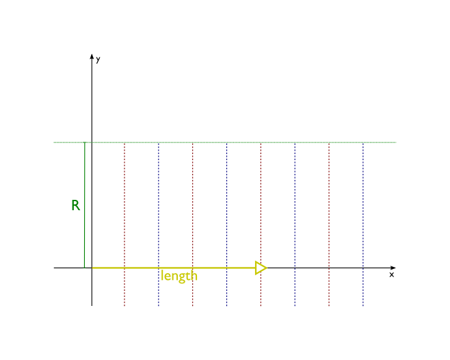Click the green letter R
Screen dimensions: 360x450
[75, 205]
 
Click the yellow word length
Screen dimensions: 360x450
[179, 276]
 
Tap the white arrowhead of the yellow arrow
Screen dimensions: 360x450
[261, 268]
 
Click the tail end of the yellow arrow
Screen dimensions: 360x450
[93, 268]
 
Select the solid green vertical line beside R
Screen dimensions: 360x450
[85, 192]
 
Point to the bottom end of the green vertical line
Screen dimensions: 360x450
[84, 266]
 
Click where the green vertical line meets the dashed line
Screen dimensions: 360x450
[85, 142]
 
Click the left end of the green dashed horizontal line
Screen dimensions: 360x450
[54, 142]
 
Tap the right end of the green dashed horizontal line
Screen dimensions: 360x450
[396, 142]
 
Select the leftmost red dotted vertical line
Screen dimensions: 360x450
[124, 219]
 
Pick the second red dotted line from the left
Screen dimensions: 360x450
[193, 219]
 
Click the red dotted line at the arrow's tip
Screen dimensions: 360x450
[261, 219]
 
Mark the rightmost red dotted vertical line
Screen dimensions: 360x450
[329, 219]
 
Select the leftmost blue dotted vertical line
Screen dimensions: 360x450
[159, 219]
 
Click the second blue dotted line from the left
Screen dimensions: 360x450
[227, 219]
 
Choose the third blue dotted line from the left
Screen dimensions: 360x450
[295, 219]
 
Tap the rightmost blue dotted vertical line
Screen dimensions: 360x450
[363, 219]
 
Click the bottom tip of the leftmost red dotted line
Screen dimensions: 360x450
[124, 305]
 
